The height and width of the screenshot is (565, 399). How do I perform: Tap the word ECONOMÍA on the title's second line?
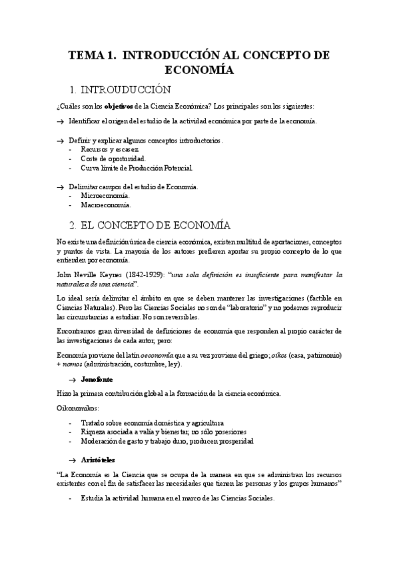pyautogui.click(x=199, y=69)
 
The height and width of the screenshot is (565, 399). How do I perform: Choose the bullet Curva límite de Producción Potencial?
pyautogui.click(x=137, y=169)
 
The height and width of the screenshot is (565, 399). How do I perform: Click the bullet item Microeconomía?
pyautogui.click(x=105, y=197)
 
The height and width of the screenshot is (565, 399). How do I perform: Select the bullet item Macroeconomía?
pyautogui.click(x=106, y=206)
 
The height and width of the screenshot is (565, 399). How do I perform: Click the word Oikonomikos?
pyautogui.click(x=79, y=408)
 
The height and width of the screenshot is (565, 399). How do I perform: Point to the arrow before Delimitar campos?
pyautogui.click(x=61, y=187)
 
